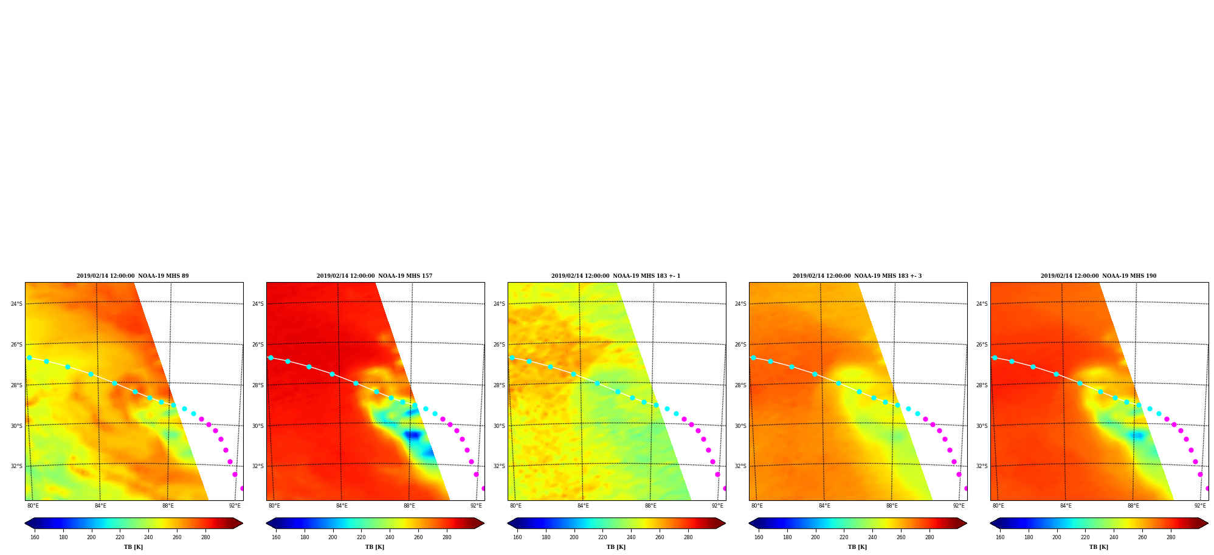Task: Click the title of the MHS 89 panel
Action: coord(133,276)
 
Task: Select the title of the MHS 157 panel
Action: coord(374,276)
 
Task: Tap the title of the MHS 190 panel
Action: coord(1098,276)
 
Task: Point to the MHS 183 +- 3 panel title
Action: coord(857,276)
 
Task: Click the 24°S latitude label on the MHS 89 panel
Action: coord(16,304)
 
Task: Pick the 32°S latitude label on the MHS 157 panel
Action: coord(258,466)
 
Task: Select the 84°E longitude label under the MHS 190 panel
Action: coord(1066,506)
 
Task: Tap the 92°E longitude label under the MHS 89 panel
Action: coord(235,506)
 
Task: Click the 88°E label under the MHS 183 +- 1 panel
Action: coord(650,506)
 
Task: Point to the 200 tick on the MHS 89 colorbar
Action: coord(91,537)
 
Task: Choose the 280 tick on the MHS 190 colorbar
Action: coord(1171,537)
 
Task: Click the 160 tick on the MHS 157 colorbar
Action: coord(276,537)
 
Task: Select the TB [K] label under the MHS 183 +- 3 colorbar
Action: coord(857,547)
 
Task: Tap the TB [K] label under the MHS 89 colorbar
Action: coord(134,547)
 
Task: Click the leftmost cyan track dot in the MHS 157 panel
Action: coord(271,357)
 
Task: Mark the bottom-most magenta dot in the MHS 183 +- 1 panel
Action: coord(724,488)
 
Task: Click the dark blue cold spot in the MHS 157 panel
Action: coord(413,435)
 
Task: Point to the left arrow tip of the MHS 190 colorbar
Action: coord(990,523)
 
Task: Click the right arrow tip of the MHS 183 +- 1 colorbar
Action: coord(726,523)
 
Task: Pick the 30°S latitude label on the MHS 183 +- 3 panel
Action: coord(740,426)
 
